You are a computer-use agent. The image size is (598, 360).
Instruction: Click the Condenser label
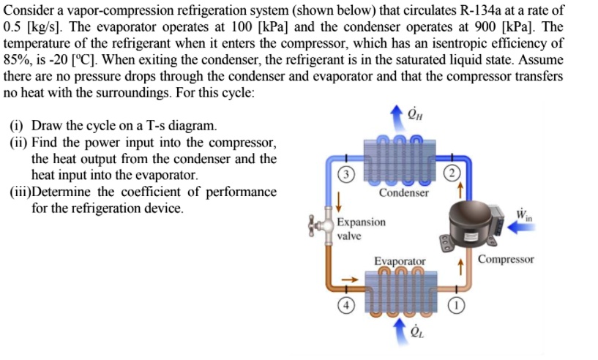pos(404,193)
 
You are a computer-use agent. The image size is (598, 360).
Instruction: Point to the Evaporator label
pos(400,260)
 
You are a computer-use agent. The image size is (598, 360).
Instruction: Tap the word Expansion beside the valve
pos(361,222)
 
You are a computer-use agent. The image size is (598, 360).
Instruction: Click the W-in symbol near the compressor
pos(523,214)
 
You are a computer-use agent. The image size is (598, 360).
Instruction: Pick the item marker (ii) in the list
pos(18,142)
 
